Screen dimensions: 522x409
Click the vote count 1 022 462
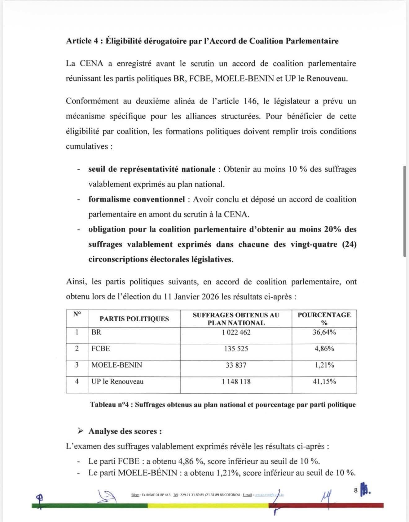point(236,332)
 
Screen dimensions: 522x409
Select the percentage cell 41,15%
point(324,381)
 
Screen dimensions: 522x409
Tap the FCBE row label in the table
point(101,349)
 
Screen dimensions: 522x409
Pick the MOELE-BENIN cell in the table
point(117,365)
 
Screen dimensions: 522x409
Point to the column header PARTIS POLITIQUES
point(134,319)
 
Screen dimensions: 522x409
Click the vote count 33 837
point(236,365)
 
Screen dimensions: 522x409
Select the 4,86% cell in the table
point(324,349)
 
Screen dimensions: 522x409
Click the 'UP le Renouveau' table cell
point(117,381)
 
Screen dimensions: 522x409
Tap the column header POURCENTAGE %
point(324,319)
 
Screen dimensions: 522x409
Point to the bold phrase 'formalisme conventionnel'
point(137,199)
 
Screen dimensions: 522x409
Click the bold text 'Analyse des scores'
point(125,431)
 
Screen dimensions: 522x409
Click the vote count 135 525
point(236,349)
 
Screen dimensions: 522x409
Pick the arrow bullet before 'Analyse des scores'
point(81,431)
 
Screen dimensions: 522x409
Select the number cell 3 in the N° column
point(77,365)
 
